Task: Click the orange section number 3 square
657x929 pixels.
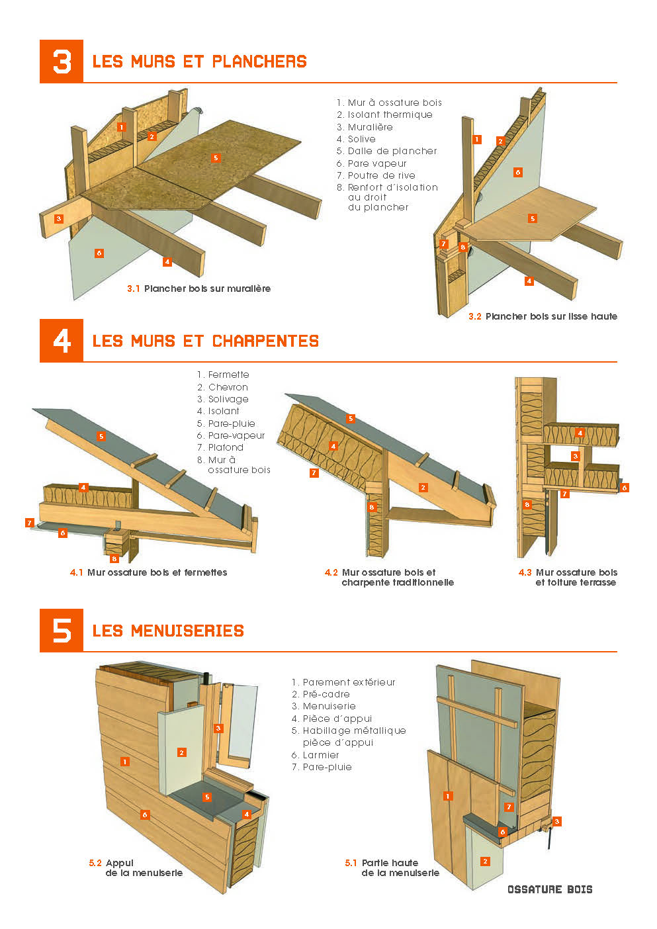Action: click(62, 62)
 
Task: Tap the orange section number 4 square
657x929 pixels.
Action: click(62, 341)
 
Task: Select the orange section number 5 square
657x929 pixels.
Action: click(62, 631)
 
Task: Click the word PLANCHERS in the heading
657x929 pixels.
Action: click(259, 62)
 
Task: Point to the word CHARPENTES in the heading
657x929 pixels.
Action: click(265, 341)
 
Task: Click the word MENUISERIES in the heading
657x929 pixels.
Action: click(187, 631)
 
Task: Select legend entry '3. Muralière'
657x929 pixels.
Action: click(365, 127)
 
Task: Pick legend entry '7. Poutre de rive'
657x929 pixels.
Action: click(376, 175)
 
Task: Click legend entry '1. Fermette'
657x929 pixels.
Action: click(223, 375)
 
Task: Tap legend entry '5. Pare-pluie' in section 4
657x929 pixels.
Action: click(226, 423)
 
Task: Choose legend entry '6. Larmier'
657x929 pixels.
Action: click(315, 755)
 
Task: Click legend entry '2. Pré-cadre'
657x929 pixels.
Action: click(321, 694)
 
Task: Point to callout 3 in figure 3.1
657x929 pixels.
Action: click(59, 218)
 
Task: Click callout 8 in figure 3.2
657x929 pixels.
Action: click(463, 247)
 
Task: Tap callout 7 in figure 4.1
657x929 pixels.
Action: click(30, 523)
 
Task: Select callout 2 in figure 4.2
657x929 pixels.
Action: click(423, 487)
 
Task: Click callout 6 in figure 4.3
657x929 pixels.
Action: click(625, 488)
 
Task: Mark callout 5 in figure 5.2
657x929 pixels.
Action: click(207, 797)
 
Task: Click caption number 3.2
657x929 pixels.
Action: click(475, 316)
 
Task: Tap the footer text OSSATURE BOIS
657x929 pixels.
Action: click(550, 889)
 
